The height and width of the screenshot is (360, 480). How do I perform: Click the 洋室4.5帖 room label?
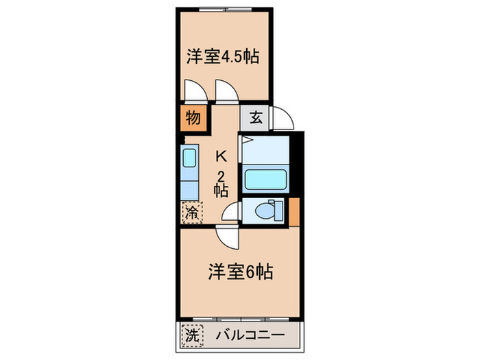(223, 56)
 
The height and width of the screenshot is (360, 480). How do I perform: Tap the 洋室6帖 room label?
(241, 272)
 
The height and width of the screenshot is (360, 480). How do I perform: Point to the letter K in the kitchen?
(221, 155)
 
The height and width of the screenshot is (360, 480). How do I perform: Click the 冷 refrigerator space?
(192, 212)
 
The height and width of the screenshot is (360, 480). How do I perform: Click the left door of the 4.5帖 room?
(192, 92)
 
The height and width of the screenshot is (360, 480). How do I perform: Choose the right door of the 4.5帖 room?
(226, 91)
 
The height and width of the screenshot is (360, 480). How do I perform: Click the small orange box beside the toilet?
(294, 211)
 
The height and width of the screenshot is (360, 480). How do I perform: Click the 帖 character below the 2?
(221, 191)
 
